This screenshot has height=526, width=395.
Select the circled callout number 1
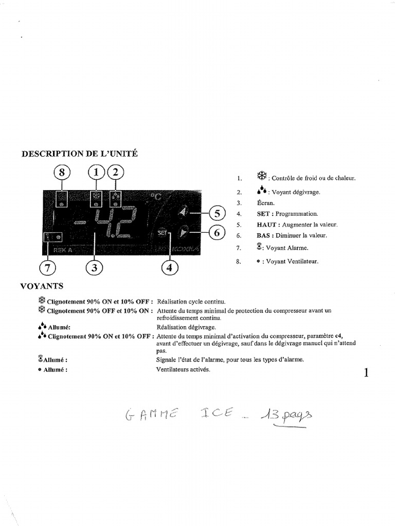click(96, 173)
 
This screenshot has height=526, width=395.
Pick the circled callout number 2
click(115, 173)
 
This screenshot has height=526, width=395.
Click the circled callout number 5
click(217, 213)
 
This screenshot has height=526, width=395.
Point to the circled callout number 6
click(217, 233)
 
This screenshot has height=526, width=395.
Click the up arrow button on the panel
click(183, 213)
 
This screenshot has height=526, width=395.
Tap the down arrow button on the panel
click(183, 233)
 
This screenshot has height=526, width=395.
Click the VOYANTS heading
click(41, 286)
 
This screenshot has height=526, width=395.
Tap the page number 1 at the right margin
click(366, 373)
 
